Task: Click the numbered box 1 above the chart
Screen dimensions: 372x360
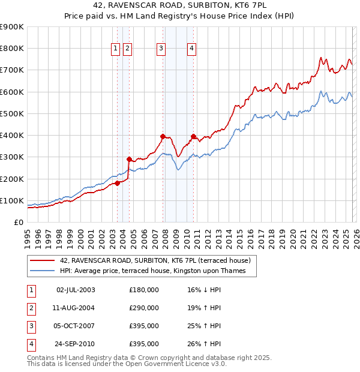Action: [115, 49]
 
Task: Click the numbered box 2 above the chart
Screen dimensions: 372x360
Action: [128, 49]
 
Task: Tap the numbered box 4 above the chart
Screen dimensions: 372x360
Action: [191, 49]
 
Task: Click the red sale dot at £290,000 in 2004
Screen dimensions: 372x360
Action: [129, 159]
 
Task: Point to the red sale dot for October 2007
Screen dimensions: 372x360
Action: [163, 136]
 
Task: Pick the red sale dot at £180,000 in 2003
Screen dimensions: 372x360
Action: [118, 183]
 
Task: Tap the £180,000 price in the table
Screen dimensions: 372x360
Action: [144, 290]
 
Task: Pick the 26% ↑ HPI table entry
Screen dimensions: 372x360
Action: [204, 344]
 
